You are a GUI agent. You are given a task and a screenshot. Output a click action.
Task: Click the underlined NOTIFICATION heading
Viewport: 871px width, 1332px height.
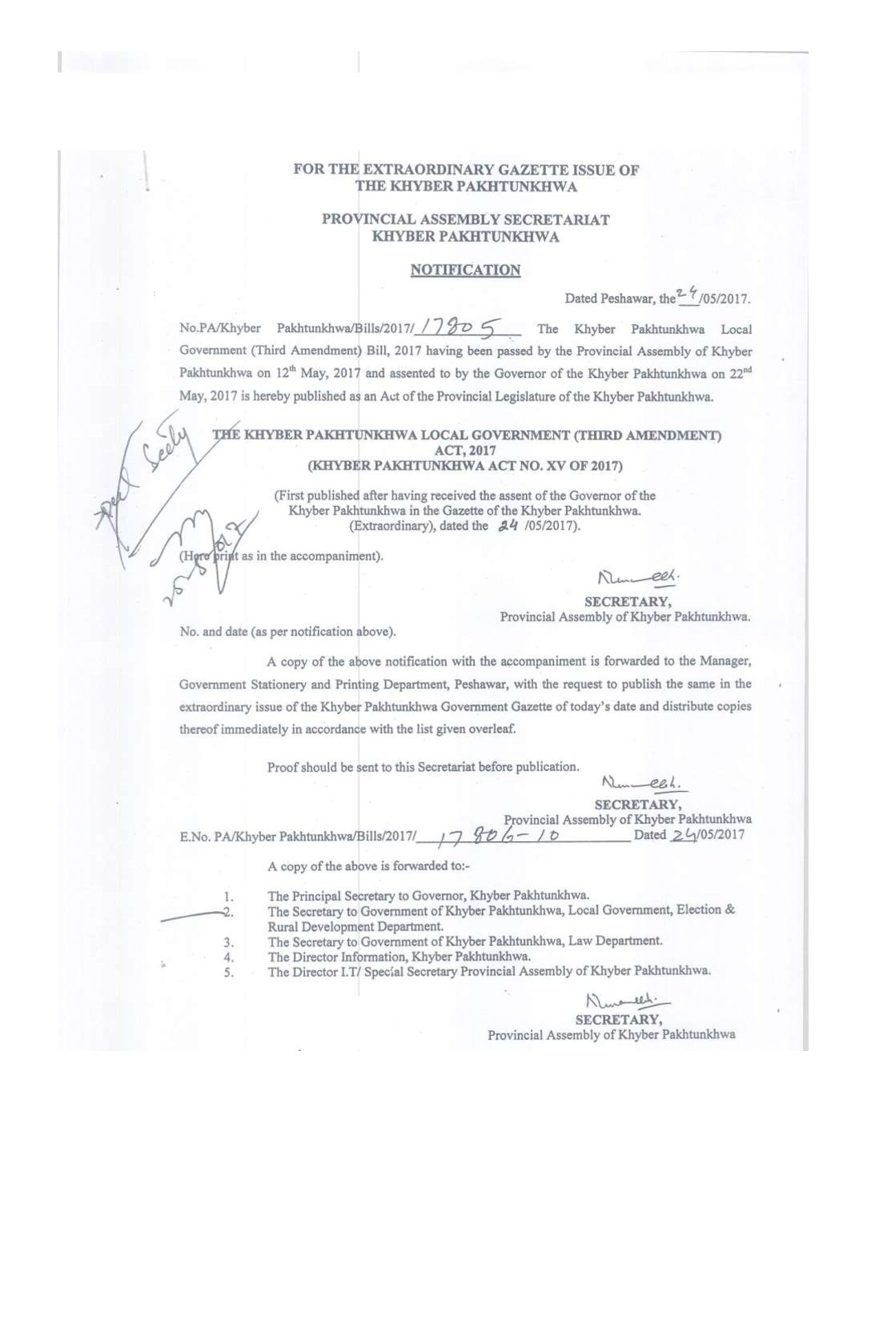[x=465, y=271]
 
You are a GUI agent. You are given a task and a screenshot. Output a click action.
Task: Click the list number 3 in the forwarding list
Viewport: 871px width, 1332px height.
[x=228, y=941]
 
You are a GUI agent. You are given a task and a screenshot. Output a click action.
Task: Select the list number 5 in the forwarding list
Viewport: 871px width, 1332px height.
[x=228, y=972]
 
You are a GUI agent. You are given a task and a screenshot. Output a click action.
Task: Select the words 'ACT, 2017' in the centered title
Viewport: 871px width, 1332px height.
[x=466, y=451]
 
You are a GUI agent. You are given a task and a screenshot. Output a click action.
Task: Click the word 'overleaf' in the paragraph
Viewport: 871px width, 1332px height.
[x=493, y=729]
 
